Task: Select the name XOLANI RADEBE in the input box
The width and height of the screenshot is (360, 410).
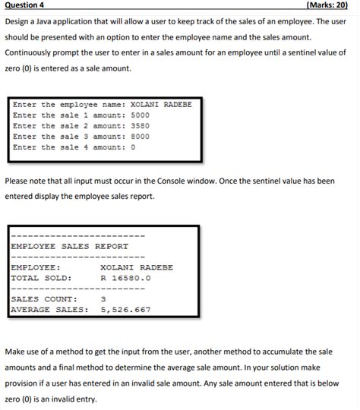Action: [162, 104]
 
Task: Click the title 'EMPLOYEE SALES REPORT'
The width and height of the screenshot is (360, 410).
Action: [69, 246]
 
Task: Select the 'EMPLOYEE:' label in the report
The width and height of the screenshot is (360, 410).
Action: [35, 267]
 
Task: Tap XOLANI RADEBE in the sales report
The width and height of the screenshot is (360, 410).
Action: [137, 267]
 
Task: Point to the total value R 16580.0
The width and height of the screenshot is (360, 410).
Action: [126, 277]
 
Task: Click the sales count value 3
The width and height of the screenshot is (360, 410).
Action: [103, 298]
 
